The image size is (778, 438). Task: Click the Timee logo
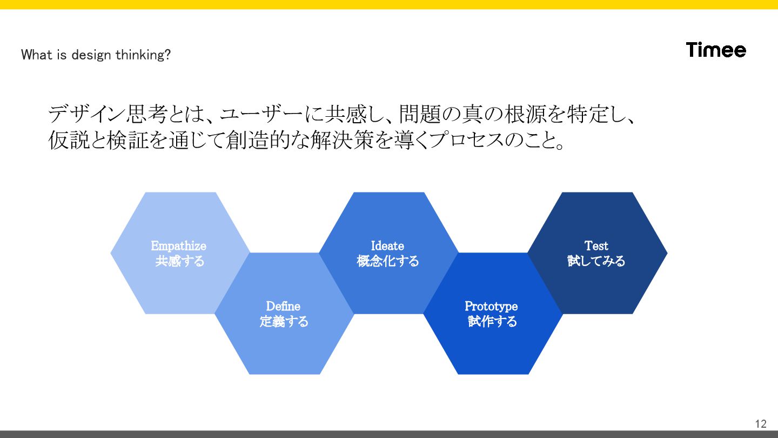[716, 50]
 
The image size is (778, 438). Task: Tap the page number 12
[761, 423]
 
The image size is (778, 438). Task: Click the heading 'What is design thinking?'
[96, 55]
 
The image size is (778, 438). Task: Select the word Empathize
[179, 246]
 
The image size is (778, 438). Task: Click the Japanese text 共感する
[180, 261]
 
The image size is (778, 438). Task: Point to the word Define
[283, 307]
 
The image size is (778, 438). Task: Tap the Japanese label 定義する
[284, 322]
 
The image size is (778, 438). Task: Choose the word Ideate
[387, 246]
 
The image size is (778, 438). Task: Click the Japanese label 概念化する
[388, 261]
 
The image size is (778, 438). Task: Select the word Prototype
[491, 307]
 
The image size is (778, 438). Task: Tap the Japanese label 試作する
[492, 322]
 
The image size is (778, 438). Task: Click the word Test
[596, 246]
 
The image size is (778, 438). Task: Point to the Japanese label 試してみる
[596, 261]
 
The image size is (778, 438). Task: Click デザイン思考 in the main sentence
[106, 115]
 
